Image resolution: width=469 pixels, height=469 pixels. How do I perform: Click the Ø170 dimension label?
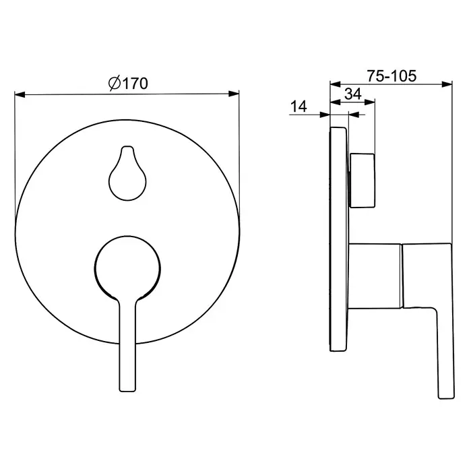(x=128, y=84)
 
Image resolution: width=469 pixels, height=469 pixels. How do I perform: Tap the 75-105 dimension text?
(x=392, y=76)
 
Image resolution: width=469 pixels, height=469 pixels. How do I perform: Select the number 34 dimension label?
(x=353, y=94)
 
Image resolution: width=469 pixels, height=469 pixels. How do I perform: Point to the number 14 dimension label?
(x=299, y=106)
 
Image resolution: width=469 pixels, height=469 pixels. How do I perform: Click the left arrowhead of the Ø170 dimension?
(x=20, y=94)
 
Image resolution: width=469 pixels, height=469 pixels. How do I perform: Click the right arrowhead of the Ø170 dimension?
(x=234, y=94)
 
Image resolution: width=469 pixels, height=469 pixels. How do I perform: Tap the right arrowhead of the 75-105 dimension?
(x=447, y=84)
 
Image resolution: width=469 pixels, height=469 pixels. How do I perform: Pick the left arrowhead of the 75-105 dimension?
(x=336, y=84)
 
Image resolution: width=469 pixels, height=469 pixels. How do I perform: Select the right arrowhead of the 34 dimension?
(x=370, y=102)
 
